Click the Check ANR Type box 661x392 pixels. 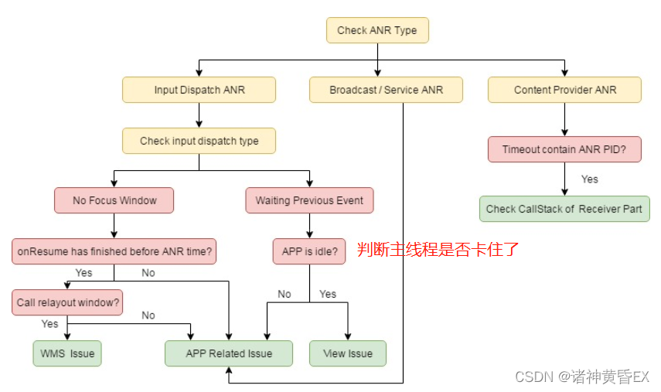377,31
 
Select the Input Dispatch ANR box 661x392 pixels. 199,90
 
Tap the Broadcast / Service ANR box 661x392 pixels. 387,90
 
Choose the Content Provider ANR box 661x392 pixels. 565,90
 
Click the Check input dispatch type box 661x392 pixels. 199,141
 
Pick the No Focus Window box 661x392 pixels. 114,200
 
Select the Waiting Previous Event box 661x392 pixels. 309,200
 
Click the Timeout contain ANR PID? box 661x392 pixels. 565,149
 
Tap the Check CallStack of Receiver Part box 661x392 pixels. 564,209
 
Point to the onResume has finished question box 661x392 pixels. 114,251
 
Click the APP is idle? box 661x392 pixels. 309,251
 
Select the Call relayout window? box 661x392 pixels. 69,302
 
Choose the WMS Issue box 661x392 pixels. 67,353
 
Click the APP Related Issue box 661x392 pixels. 229,353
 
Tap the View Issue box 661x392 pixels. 348,353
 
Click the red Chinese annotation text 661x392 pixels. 438,249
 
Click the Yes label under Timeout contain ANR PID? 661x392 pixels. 590,179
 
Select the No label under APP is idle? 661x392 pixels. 285,294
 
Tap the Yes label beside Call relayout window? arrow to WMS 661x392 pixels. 50,324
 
